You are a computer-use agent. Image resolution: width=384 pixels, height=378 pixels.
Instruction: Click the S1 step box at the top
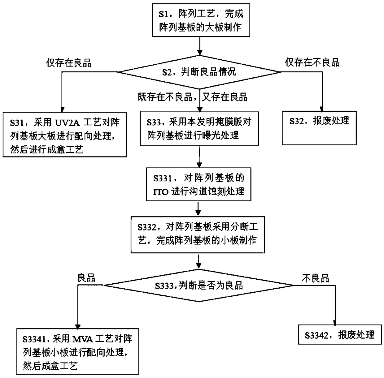click(201, 20)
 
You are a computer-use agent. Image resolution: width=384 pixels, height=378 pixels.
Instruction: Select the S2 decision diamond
click(200, 72)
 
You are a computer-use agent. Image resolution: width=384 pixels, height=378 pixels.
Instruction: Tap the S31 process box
click(65, 135)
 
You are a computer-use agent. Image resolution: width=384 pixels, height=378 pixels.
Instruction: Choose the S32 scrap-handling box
click(319, 128)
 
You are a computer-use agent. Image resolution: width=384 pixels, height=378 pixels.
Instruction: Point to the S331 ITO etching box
click(199, 184)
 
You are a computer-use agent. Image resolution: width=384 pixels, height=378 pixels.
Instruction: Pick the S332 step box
click(198, 234)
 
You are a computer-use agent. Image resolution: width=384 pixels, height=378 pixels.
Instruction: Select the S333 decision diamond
click(198, 285)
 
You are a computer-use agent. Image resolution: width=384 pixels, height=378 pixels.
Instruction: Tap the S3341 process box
click(77, 351)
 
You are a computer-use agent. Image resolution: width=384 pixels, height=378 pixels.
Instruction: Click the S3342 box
click(340, 334)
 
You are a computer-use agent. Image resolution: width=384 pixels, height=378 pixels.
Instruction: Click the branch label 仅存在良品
click(69, 63)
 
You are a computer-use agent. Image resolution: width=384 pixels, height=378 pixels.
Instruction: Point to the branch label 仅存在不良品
click(312, 62)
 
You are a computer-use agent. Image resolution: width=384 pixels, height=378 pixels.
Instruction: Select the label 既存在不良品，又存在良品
click(193, 97)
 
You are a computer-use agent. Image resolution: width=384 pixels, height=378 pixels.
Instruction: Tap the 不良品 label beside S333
click(316, 278)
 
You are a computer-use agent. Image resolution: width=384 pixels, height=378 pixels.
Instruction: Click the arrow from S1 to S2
click(200, 46)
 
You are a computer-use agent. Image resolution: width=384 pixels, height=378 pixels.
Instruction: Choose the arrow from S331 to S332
click(198, 208)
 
